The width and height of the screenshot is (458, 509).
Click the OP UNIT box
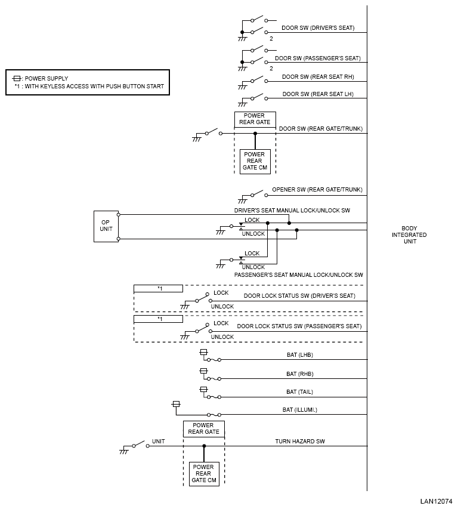(106, 226)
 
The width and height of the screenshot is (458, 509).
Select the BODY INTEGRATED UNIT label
(409, 235)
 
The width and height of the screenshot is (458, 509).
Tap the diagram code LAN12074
(437, 501)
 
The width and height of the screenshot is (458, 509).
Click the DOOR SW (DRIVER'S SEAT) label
(318, 28)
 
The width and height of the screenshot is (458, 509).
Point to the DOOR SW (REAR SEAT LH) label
(318, 94)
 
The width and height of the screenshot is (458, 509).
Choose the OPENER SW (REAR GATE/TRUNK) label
(317, 190)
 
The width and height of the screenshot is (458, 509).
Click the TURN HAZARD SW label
(300, 442)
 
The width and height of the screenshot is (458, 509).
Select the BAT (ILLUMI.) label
(300, 410)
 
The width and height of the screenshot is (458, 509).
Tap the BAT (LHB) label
(300, 355)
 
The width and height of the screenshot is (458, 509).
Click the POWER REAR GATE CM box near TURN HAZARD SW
(204, 474)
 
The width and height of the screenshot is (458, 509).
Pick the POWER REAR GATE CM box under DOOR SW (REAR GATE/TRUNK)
(255, 161)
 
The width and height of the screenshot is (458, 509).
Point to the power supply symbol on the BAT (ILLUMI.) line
(176, 404)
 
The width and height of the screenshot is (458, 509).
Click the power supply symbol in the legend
(17, 79)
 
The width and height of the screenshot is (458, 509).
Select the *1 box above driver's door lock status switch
(158, 289)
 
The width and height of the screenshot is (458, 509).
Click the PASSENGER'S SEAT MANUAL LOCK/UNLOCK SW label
(298, 275)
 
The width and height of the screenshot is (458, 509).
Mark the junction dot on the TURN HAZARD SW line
(204, 446)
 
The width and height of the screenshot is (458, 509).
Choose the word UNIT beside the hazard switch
(158, 442)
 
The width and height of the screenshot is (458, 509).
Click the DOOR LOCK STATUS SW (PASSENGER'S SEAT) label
(299, 326)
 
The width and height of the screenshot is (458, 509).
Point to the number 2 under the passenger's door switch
(271, 69)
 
